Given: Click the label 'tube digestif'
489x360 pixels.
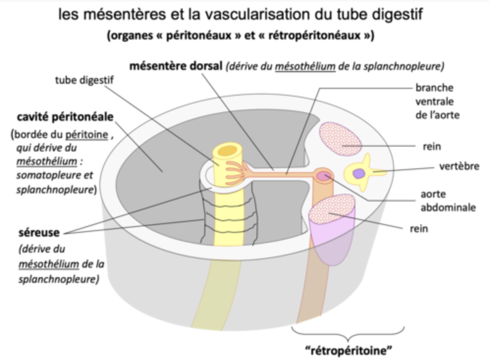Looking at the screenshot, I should pyautogui.click(x=84, y=80).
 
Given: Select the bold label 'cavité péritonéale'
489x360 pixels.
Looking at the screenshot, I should pyautogui.click(x=65, y=117).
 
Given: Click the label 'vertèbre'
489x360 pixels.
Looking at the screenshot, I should pyautogui.click(x=459, y=166).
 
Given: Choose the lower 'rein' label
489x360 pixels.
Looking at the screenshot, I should pyautogui.click(x=418, y=228).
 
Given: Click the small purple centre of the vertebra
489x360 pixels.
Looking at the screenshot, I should pyautogui.click(x=360, y=173).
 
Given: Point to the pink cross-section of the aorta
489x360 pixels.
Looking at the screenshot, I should pyautogui.click(x=323, y=175).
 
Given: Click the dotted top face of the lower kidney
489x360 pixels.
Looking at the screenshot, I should pyautogui.click(x=332, y=209).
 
